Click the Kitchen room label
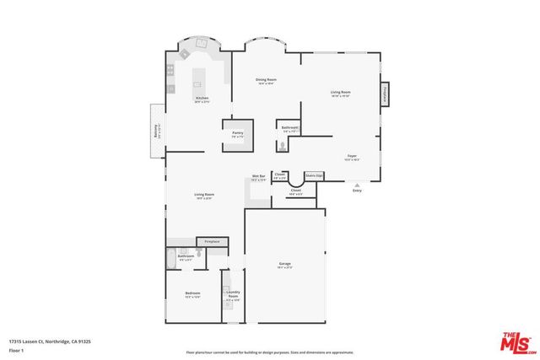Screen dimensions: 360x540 (202, 98)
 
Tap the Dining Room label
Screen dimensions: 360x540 (267, 80)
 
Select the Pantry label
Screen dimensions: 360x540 (238, 132)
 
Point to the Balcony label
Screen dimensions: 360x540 (156, 132)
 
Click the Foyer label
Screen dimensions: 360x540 (352, 156)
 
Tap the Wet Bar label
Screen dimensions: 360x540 (258, 176)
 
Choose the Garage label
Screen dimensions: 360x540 (284, 264)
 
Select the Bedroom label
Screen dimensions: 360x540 (192, 293)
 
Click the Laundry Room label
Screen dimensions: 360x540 (233, 293)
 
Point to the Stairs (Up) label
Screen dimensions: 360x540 (314, 175)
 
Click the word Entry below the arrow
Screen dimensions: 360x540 (357, 191)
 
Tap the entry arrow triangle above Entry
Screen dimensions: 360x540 (357, 184)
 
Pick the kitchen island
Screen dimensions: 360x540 (199, 78)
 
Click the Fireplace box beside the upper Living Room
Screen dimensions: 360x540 (386, 94)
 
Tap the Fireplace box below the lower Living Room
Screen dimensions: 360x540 (213, 242)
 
